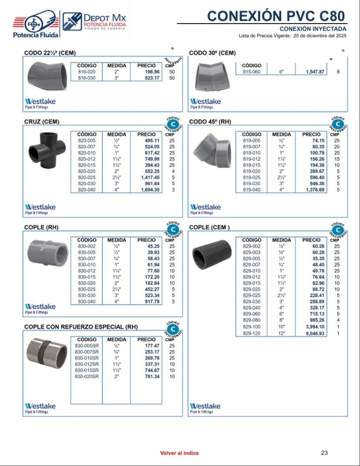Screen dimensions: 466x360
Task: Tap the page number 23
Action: [324, 453]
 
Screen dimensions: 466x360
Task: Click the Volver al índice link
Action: [179, 453]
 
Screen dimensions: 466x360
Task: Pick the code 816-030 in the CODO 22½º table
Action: [86, 78]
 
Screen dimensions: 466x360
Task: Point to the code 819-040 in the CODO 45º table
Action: [251, 190]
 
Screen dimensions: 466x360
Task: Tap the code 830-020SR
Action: [86, 376]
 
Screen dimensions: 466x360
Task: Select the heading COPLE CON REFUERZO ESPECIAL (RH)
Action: [81, 327]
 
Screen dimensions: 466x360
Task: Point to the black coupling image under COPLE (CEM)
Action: [211, 255]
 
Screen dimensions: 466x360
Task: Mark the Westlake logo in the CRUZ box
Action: [40, 209]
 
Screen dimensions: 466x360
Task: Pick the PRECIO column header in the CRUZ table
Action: [146, 135]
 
